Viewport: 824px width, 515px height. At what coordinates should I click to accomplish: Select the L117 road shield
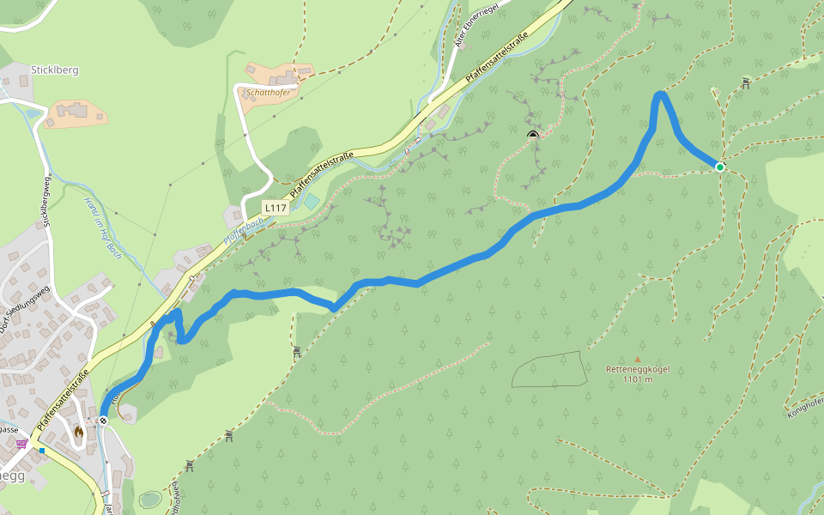[275, 208]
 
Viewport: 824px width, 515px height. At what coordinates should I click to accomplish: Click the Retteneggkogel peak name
[637, 369]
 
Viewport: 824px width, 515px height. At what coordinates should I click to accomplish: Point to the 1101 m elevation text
[637, 379]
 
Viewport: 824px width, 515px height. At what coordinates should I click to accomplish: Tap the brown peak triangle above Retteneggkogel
[637, 360]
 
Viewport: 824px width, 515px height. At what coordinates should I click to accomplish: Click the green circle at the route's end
[719, 167]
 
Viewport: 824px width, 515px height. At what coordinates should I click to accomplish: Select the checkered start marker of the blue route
[103, 420]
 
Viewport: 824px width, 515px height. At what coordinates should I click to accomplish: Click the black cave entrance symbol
[533, 134]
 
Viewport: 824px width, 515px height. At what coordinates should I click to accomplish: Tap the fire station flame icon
[79, 433]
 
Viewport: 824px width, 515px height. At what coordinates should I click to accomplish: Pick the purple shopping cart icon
[21, 443]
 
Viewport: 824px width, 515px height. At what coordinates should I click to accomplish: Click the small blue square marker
[41, 451]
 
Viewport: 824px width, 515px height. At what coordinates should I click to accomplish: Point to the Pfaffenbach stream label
[242, 227]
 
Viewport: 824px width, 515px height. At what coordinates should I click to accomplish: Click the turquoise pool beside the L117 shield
[311, 202]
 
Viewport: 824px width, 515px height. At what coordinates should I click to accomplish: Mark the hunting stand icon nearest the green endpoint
[745, 82]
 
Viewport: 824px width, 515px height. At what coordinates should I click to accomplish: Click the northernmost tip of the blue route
[660, 93]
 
